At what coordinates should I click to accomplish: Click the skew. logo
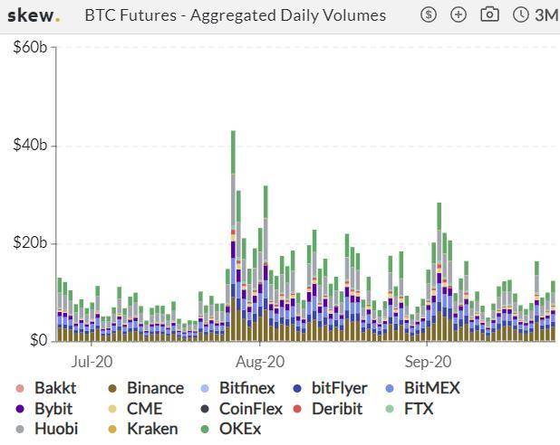coord(33,15)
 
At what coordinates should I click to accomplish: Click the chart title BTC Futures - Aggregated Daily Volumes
coord(235,15)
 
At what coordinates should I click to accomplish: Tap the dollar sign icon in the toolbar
coord(430,15)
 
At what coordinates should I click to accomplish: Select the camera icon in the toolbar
coord(489,15)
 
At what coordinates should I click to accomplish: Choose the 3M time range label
coord(546,15)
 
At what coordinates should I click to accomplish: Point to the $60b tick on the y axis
coord(30,47)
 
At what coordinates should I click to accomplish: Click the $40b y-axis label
coord(30,146)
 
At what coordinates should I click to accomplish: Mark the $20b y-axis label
coord(30,243)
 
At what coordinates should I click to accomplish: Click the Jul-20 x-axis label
coord(92,361)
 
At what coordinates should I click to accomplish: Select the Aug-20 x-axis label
coord(260,361)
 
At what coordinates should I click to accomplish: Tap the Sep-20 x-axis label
coord(428,361)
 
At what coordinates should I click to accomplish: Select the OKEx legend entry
coord(239,428)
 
